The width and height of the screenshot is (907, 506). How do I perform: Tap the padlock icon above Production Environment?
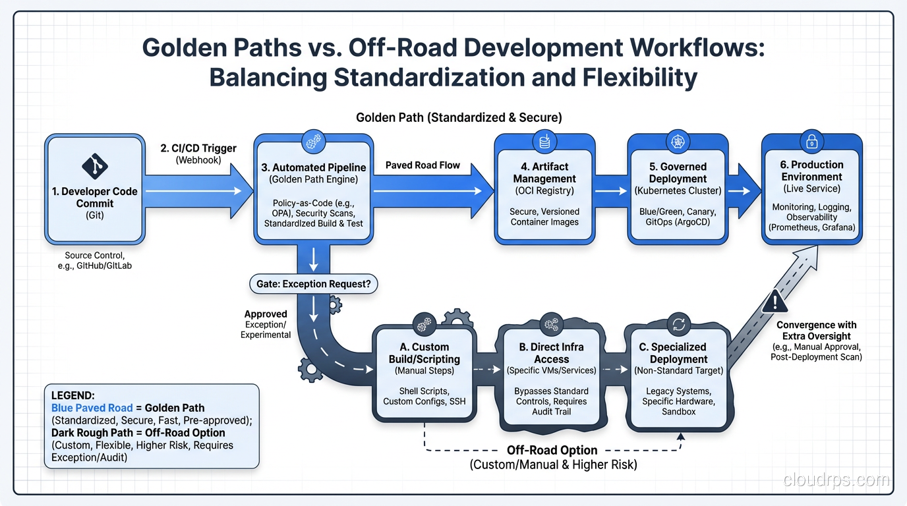(811, 142)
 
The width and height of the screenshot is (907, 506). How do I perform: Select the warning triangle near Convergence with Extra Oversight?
(775, 302)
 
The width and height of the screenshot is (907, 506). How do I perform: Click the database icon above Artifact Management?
(544, 142)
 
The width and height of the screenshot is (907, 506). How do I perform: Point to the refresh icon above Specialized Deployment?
(678, 324)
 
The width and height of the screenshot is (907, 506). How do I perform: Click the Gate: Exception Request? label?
(313, 285)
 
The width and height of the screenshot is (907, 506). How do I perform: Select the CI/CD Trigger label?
(198, 148)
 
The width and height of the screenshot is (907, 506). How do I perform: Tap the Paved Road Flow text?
(423, 165)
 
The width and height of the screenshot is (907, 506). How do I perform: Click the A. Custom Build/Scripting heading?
(424, 353)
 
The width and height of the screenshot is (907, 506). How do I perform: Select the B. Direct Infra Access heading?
(551, 353)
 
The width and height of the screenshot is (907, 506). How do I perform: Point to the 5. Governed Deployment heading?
(678, 173)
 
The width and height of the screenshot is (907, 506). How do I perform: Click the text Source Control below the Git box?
(94, 255)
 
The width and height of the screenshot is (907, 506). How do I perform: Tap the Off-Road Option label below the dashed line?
(552, 450)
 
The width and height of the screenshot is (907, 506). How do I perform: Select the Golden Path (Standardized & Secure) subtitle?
(459, 118)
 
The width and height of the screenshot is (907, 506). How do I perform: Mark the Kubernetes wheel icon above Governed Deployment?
(678, 142)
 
